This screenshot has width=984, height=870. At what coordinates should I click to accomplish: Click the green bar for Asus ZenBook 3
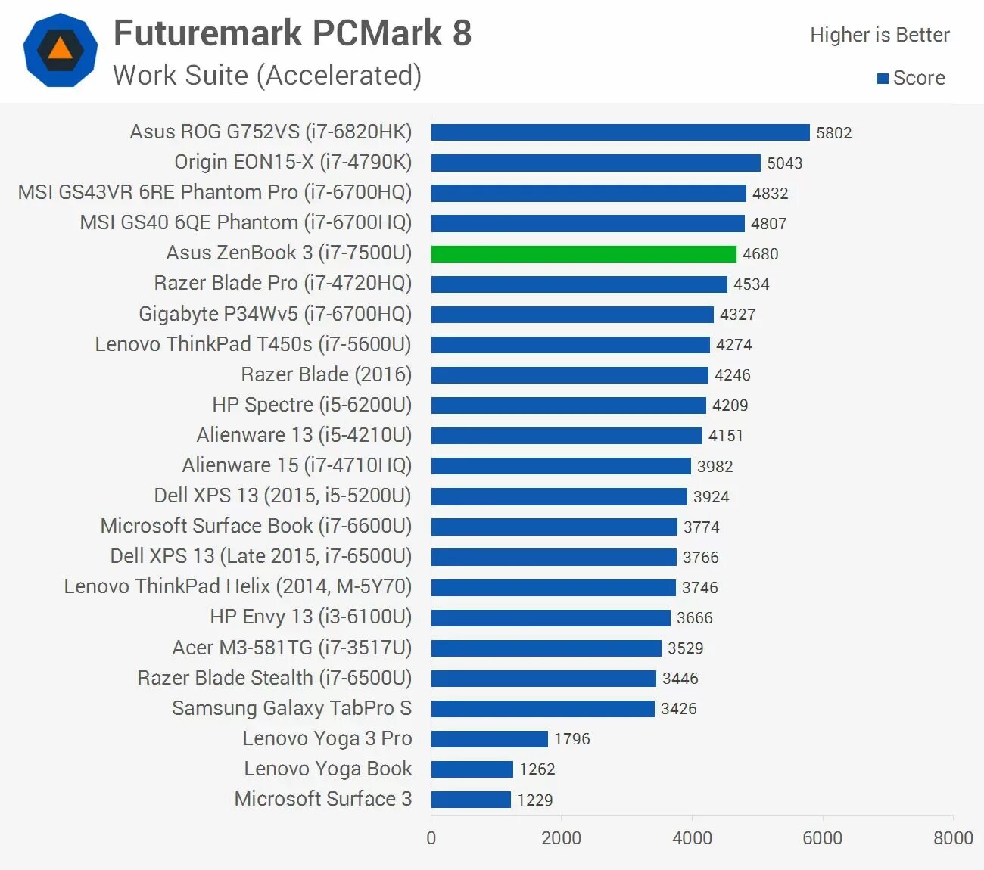point(583,253)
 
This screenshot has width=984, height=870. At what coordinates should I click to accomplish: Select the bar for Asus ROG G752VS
point(620,132)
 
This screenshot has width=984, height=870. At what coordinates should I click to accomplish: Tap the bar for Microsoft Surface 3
point(471,799)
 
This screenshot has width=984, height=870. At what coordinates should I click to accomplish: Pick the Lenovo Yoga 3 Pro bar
point(489,738)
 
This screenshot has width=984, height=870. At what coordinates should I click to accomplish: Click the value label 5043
point(784,163)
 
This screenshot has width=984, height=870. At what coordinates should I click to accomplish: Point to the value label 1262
point(537,769)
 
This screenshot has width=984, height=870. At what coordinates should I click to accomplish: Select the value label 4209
point(730,405)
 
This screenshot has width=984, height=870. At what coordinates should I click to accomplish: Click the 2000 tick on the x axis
point(561,837)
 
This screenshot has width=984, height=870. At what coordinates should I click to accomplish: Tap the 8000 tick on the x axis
point(953,837)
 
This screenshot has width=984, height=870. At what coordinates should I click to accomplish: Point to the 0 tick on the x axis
point(431,837)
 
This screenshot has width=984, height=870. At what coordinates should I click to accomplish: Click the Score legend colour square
point(883,79)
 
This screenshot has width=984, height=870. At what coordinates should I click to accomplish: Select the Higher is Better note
point(880,35)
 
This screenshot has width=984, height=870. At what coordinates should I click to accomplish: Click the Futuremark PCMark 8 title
point(292,33)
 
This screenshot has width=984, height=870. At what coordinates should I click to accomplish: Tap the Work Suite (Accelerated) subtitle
point(267,76)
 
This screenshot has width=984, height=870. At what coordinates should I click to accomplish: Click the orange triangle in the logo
point(61,50)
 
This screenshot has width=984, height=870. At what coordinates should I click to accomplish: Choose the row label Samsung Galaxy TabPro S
point(291,708)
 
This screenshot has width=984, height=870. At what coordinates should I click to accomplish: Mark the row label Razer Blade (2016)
point(326,374)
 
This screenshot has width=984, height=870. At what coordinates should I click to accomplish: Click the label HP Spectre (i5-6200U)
point(312,405)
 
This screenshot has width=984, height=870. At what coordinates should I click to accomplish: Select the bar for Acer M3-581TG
point(546,648)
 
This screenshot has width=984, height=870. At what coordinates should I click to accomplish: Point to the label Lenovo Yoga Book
point(328,769)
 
